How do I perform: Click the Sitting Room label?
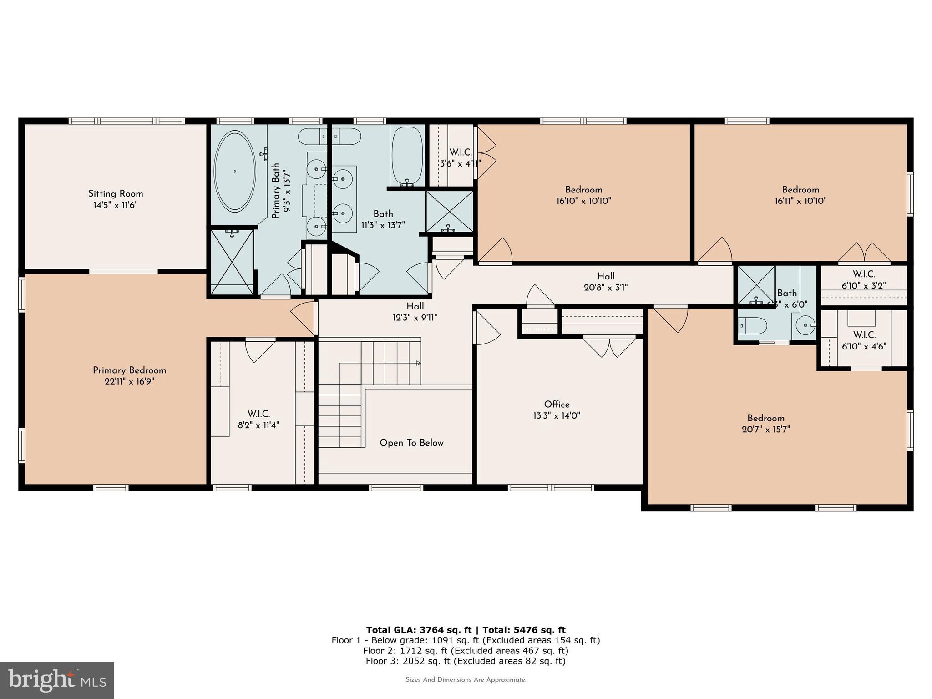click(x=116, y=194)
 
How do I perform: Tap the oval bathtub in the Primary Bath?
click(x=235, y=171)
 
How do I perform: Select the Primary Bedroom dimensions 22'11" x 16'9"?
click(x=129, y=382)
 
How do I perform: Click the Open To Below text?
click(x=411, y=443)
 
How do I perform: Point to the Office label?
click(x=557, y=405)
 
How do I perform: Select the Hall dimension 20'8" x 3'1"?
click(x=606, y=288)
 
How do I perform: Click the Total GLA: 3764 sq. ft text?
click(x=419, y=630)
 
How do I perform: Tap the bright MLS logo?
click(x=57, y=680)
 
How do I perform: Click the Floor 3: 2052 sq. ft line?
click(x=466, y=661)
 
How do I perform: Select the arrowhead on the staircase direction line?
click(x=418, y=363)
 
